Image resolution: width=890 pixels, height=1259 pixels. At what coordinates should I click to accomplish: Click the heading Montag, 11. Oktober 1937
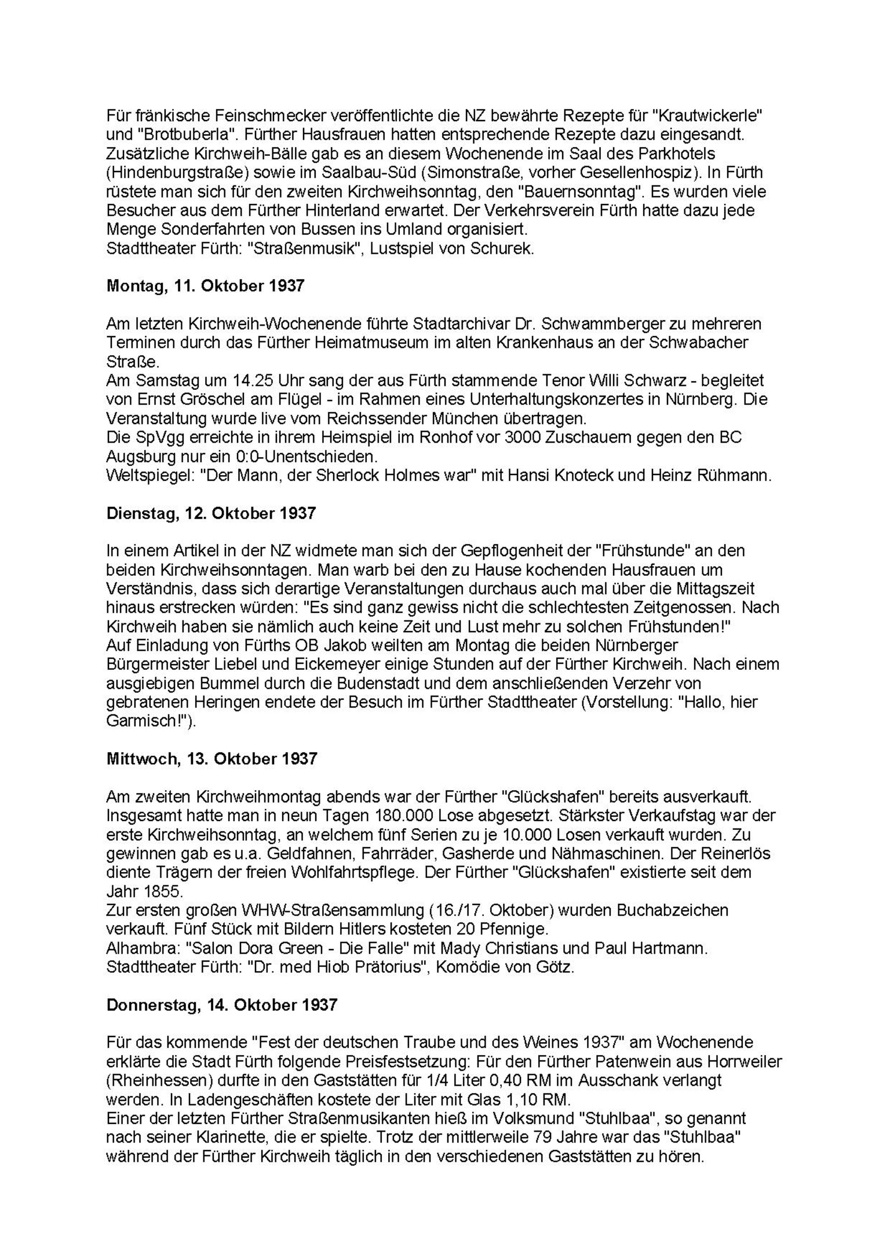tap(205, 286)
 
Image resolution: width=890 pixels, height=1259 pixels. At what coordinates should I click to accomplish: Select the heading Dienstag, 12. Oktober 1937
tap(211, 513)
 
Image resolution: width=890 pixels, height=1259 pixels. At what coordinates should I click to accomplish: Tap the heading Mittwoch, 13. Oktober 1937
tap(211, 759)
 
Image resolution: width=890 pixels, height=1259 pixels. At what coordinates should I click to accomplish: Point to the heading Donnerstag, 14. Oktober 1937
tap(221, 1005)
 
